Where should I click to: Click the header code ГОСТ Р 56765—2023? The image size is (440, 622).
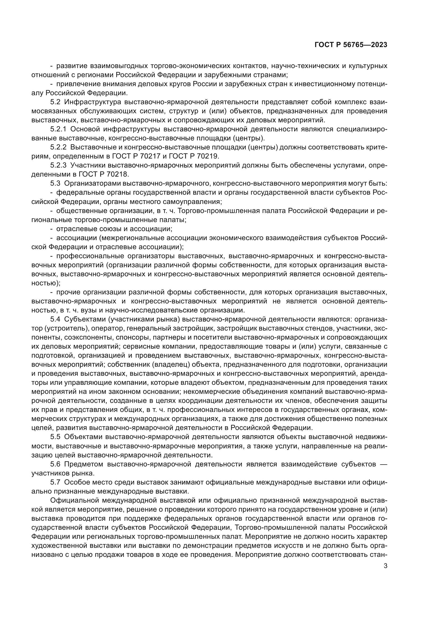(x=351, y=45)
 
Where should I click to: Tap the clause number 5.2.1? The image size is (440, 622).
(x=58, y=129)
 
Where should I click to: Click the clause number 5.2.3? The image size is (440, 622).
(x=58, y=165)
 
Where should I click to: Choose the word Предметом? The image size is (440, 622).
(x=84, y=464)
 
